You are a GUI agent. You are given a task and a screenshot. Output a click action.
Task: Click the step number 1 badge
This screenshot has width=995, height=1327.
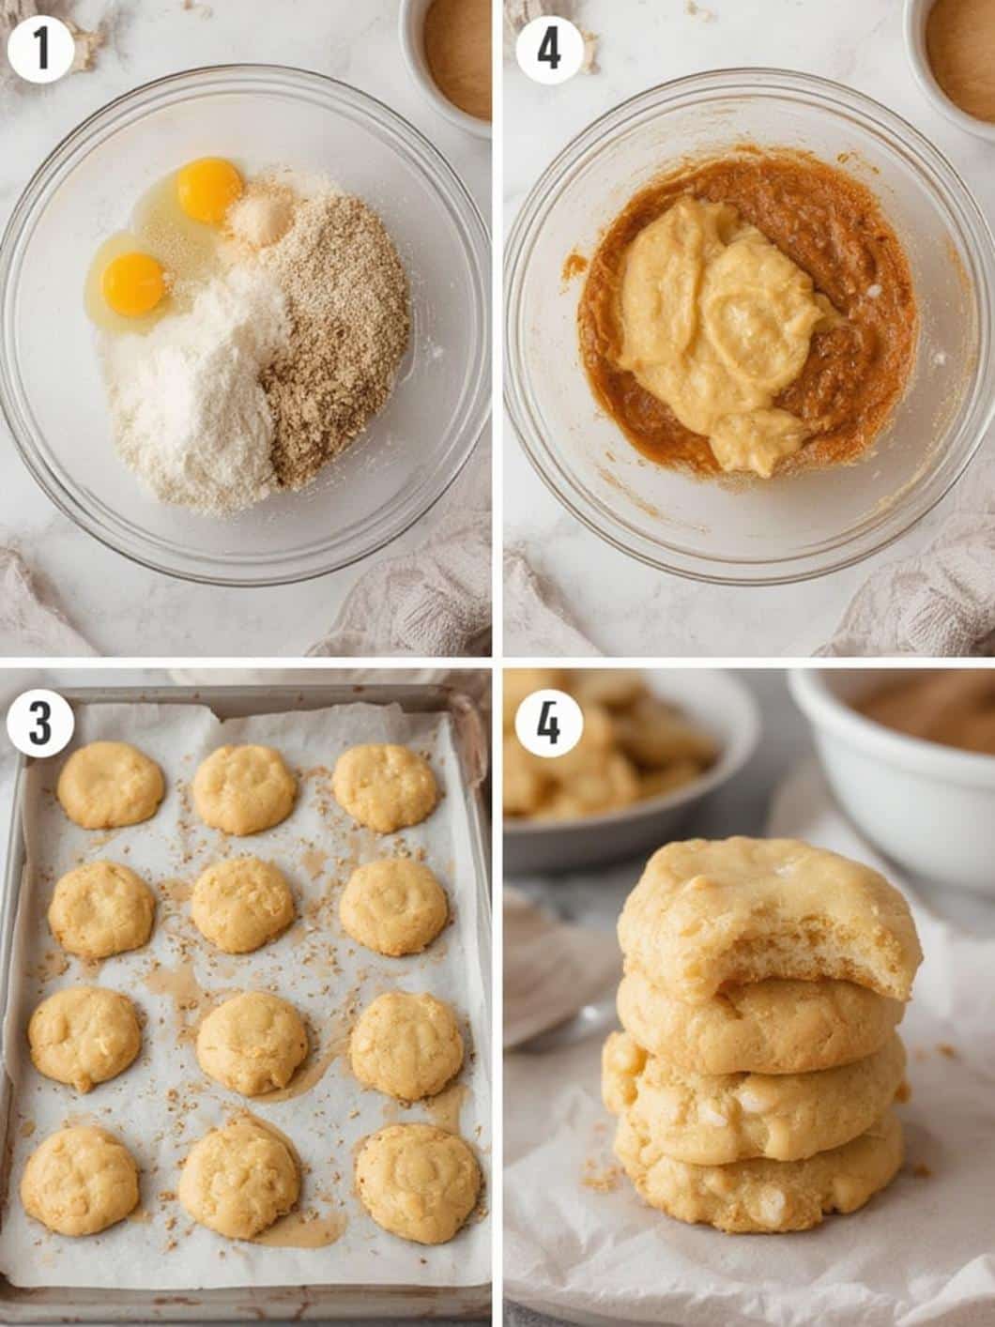click(x=41, y=51)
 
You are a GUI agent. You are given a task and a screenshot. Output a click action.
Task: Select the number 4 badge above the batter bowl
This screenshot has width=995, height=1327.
click(x=549, y=51)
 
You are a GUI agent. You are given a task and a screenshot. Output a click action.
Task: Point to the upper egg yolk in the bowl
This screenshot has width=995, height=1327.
click(x=209, y=190)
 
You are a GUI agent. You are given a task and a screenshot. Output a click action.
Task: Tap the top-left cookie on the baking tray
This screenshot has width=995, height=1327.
click(x=111, y=785)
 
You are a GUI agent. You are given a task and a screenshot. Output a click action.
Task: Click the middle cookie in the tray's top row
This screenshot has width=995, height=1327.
click(x=244, y=789)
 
